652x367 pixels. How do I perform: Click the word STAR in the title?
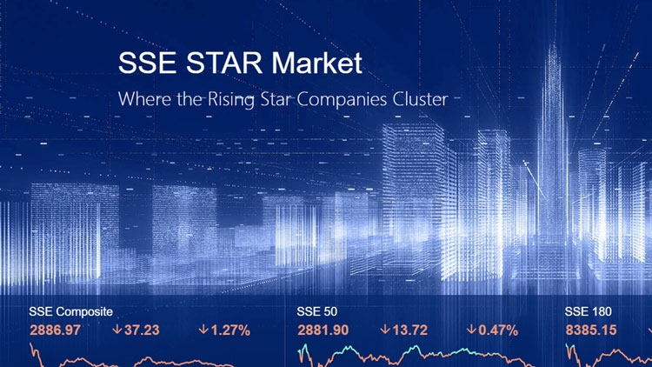pyautogui.click(x=223, y=63)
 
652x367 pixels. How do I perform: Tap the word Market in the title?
pyautogui.click(x=316, y=63)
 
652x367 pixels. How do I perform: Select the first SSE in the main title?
pyautogui.click(x=147, y=63)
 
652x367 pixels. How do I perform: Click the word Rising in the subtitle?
pyautogui.click(x=231, y=99)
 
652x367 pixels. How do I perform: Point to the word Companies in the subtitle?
pyautogui.click(x=342, y=99)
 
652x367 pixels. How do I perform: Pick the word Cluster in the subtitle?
pyautogui.click(x=421, y=99)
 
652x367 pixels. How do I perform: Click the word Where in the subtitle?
pyautogui.click(x=144, y=99)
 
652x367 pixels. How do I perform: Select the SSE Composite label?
pyautogui.click(x=70, y=311)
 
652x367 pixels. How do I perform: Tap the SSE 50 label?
pyautogui.click(x=316, y=311)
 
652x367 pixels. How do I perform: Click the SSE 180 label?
pyautogui.click(x=588, y=311)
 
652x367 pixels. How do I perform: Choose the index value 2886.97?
pyautogui.click(x=55, y=330)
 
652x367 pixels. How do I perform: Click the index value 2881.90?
pyautogui.click(x=323, y=330)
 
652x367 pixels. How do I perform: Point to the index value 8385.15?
pyautogui.click(x=591, y=330)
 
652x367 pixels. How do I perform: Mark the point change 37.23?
pyautogui.click(x=142, y=330)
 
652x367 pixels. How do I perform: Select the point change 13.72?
pyautogui.click(x=409, y=330)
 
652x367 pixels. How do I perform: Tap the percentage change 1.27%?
pyautogui.click(x=230, y=330)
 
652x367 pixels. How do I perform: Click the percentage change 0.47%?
pyautogui.click(x=498, y=330)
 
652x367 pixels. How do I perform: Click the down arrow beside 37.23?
pyautogui.click(x=117, y=330)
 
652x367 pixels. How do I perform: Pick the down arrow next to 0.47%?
pyautogui.click(x=471, y=330)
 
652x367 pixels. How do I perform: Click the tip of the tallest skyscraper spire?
pyautogui.click(x=553, y=42)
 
